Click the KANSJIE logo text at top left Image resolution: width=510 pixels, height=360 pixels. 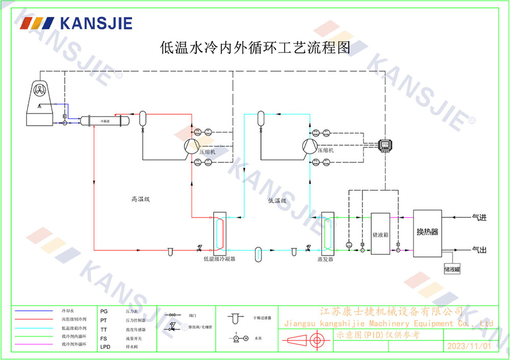pos(96,23)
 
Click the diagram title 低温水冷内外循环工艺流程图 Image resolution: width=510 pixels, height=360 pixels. pos(256,48)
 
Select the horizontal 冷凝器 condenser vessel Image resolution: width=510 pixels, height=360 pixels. pos(102,121)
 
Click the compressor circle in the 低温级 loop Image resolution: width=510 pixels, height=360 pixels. pos(310,146)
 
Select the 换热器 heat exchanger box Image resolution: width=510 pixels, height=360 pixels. pos(427,233)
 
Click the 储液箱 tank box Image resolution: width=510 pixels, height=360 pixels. pos(380,234)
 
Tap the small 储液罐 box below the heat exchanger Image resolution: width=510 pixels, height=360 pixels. pos(452,268)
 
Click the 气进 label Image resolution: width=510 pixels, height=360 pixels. pos(479,218)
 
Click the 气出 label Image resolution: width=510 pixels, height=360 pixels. pos(479,250)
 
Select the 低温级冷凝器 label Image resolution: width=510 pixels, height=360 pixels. pos(219,260)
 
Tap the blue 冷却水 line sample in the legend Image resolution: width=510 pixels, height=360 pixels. pos(34,311)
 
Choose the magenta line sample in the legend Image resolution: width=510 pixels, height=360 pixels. pos(34,345)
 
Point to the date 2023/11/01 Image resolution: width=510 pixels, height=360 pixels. pos(469,346)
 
